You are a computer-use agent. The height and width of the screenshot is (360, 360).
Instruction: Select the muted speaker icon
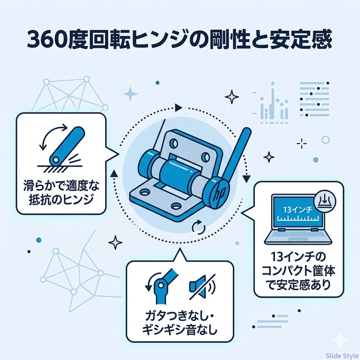pos(202,287)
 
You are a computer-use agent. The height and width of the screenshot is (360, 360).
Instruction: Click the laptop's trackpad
pos(298,239)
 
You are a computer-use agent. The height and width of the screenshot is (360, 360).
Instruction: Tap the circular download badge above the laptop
pos(325,201)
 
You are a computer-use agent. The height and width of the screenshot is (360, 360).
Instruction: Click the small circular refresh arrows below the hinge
pos(199,227)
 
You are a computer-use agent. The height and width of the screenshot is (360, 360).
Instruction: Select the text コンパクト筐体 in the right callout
pos(298,271)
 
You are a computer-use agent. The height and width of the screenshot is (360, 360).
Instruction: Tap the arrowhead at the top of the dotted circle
pos(178,108)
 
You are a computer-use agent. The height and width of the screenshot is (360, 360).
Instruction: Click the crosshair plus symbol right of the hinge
pos(302,144)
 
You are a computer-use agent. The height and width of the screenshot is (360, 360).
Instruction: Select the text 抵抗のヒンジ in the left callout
pos(61,199)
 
